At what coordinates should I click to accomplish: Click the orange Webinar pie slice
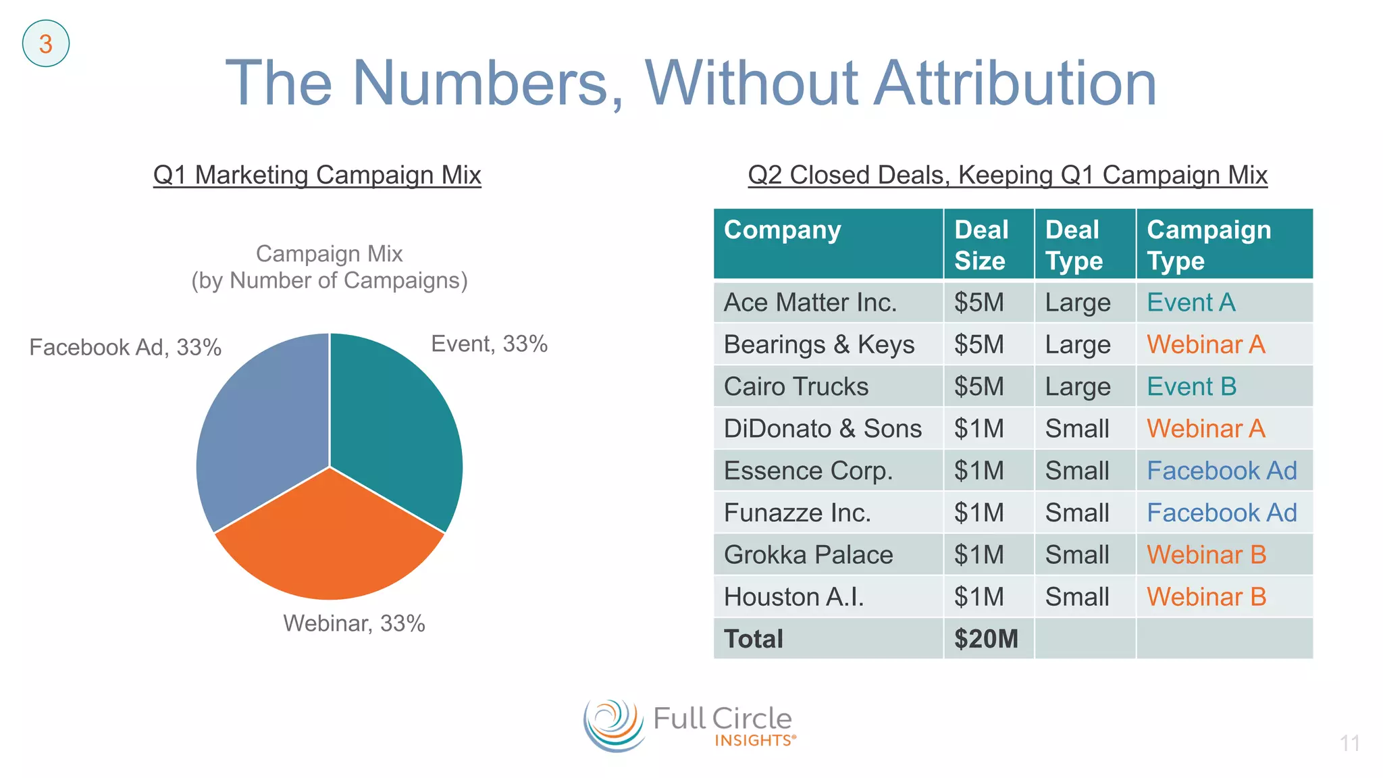(330, 540)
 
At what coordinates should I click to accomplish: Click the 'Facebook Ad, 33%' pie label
(125, 347)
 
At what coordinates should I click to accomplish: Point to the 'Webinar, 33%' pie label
(354, 623)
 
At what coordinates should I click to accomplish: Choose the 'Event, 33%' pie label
(489, 344)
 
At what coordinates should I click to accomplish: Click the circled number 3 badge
(46, 44)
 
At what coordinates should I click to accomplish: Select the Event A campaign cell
(1192, 302)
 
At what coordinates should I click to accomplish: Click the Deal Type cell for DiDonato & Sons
(1078, 428)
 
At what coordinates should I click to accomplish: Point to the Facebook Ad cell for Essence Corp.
(1222, 470)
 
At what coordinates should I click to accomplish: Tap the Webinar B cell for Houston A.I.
(1207, 596)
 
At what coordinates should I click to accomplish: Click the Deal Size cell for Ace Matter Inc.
(979, 302)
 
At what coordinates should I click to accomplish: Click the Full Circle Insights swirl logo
(613, 726)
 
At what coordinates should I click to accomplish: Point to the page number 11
(1349, 744)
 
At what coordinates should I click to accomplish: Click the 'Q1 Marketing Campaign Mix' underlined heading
(317, 175)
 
